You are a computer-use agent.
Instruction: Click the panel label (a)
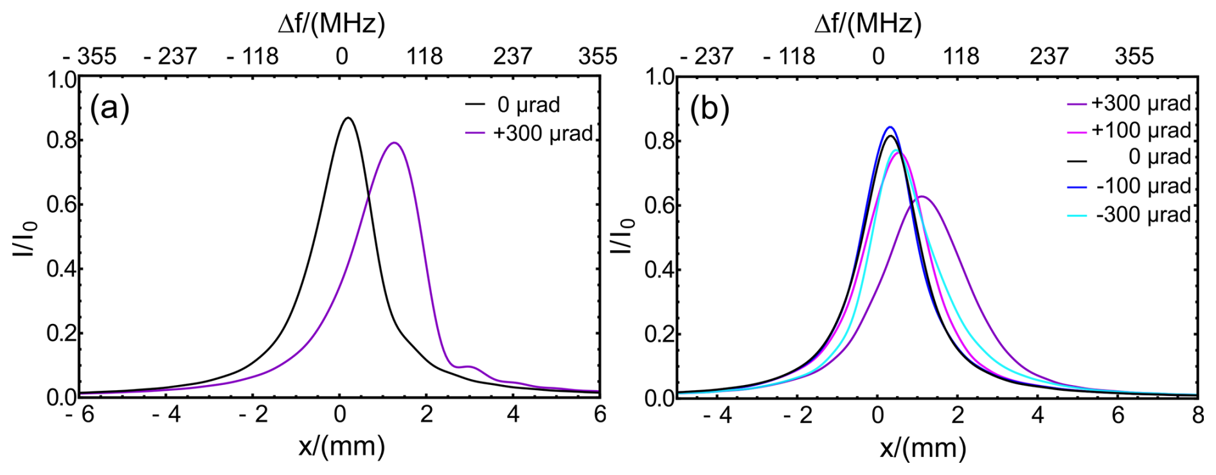(110, 108)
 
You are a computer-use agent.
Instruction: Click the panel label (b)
(710, 108)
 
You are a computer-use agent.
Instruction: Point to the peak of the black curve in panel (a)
(348, 118)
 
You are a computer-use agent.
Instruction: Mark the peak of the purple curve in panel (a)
(394, 143)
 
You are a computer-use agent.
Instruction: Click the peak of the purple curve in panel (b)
(922, 197)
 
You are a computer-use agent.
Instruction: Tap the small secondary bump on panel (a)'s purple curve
(469, 366)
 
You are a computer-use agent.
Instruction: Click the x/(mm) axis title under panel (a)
(341, 445)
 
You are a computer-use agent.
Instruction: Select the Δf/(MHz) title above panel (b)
(868, 24)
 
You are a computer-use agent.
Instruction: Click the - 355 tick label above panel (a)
(90, 57)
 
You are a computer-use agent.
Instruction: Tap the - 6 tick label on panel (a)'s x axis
(80, 415)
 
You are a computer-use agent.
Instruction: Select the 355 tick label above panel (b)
(1134, 57)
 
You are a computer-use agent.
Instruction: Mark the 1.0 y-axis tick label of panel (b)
(659, 78)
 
